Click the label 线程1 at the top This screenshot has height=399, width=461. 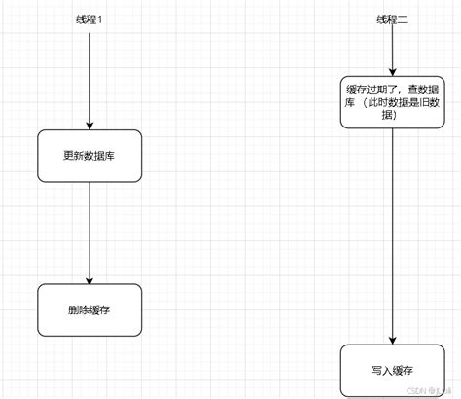(89, 19)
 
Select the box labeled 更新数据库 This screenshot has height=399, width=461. (89, 156)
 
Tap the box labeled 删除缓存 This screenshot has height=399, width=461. (89, 310)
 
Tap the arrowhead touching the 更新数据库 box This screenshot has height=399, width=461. (89, 125)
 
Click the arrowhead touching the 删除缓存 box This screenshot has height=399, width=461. (89, 279)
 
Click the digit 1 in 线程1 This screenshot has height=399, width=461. (100, 19)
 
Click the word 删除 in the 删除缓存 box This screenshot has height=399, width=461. (78, 310)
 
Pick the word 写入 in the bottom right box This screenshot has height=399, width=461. (379, 371)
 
